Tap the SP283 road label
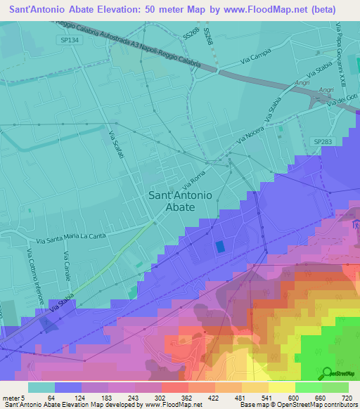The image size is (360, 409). [323, 141]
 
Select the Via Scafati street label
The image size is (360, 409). [115, 145]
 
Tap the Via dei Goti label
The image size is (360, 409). [346, 99]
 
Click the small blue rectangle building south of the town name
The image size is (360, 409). [219, 247]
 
